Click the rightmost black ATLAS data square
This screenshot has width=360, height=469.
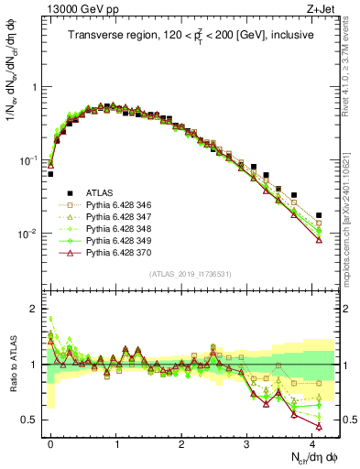(319, 215)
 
